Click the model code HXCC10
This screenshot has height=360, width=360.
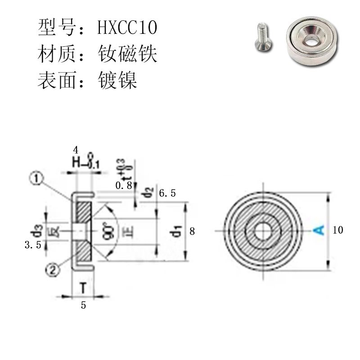click(x=127, y=28)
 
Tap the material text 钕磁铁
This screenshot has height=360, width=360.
click(x=127, y=54)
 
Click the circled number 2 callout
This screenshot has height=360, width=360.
click(x=52, y=270)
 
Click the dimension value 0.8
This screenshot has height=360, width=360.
click(x=124, y=185)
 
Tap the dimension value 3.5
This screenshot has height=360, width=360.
click(x=35, y=245)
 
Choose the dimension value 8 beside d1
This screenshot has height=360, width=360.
click(x=192, y=231)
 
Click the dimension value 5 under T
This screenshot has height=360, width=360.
click(x=83, y=305)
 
